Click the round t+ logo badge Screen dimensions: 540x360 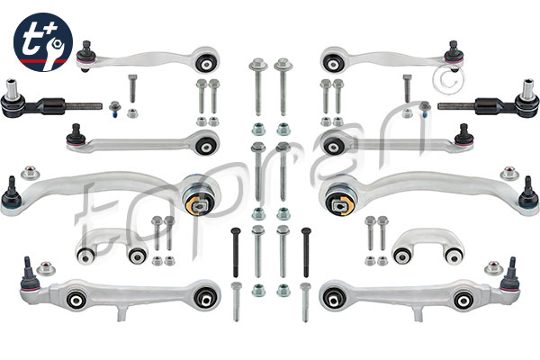pos(43,42)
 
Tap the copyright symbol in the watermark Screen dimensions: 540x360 pos(448,78)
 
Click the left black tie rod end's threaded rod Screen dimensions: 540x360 pos(84,106)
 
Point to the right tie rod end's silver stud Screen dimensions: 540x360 pos(528,89)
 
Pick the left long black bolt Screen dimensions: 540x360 pos(236,252)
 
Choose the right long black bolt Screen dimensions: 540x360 pos(306,252)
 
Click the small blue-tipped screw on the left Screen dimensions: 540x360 pos(114,109)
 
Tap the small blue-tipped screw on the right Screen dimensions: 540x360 pos(425,109)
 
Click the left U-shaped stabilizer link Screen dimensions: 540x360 pos(111,246)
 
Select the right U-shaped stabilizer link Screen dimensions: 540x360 pos(428,246)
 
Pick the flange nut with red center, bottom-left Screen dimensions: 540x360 pos(46,268)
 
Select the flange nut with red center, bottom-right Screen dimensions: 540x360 pos(494,268)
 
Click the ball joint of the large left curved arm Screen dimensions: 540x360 pos(12,195)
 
